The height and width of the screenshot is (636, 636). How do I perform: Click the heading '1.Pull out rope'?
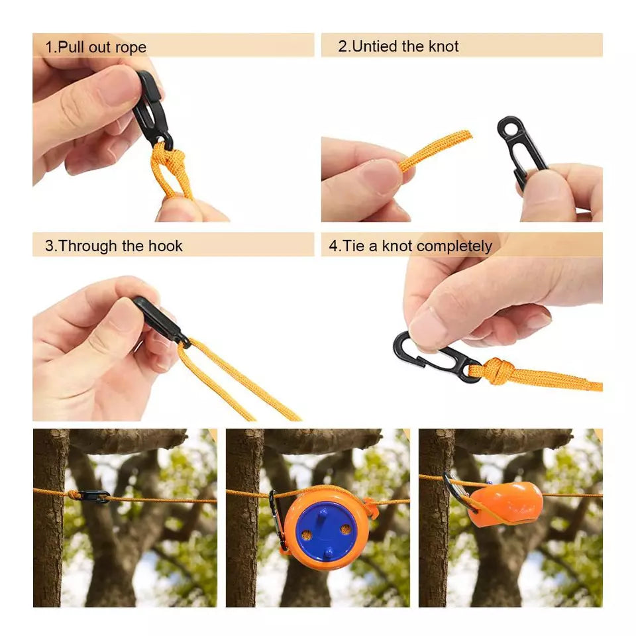pyautogui.click(x=95, y=47)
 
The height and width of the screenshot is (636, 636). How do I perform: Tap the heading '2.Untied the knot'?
pyautogui.click(x=398, y=46)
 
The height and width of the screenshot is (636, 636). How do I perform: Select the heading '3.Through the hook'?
pyautogui.click(x=113, y=246)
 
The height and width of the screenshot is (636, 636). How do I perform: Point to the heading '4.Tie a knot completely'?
pyautogui.click(x=410, y=246)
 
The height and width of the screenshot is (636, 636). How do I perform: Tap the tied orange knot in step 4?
pyautogui.click(x=497, y=372)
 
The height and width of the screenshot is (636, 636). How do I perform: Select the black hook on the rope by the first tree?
pyautogui.click(x=93, y=496)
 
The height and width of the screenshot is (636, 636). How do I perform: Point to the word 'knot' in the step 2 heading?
pyautogui.click(x=441, y=46)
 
